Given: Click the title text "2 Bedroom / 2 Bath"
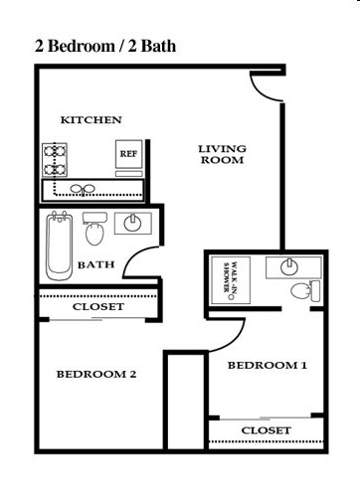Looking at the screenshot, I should tap(106, 46).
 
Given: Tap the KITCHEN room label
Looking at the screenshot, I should tap(91, 120).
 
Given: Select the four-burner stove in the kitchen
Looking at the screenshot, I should tap(54, 156).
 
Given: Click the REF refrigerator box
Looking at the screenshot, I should tap(128, 154).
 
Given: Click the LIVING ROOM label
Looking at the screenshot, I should tap(222, 154).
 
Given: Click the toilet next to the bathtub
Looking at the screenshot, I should tap(95, 231).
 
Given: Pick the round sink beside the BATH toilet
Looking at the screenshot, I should tap(132, 223).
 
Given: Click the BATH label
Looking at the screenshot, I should tap(95, 264).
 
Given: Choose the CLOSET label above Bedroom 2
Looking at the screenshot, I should tap(98, 307).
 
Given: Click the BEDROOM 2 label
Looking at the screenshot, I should tap(95, 375).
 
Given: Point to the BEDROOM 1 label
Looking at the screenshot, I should tap(268, 366).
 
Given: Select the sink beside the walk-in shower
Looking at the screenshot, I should tap(288, 265).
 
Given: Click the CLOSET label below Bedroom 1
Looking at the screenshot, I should tap(267, 430).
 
